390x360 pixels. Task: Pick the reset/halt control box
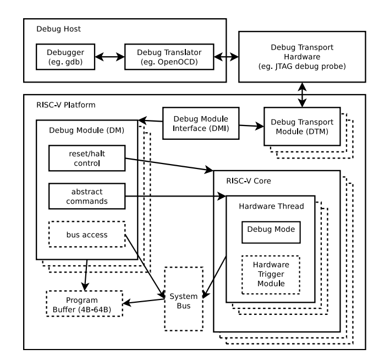(86, 158)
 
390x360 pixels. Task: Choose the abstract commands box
(86, 197)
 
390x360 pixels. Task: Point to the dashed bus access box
(86, 234)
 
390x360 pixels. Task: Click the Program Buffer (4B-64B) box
(83, 304)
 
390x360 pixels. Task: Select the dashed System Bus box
(184, 298)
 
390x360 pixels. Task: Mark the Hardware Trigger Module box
(271, 273)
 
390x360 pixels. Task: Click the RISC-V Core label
(249, 180)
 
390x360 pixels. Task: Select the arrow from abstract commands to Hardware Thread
(176, 195)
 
